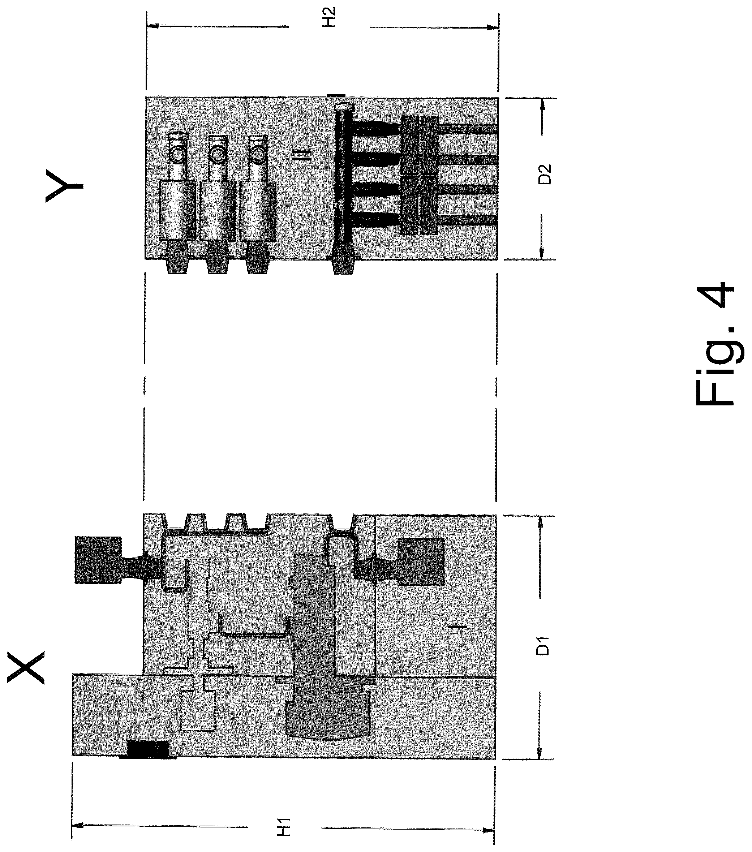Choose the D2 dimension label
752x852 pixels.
tap(544, 174)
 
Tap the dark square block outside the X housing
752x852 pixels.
tap(98, 560)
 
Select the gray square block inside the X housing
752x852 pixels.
tap(421, 562)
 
